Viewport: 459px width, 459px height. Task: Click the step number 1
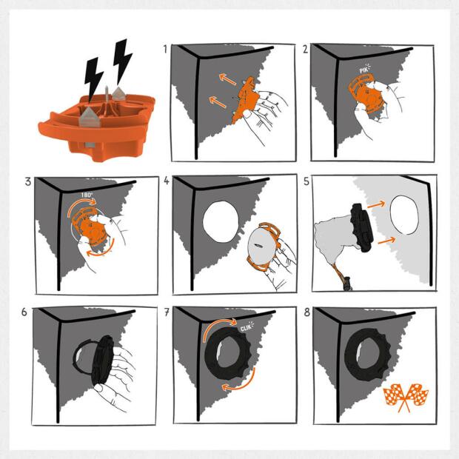pyautogui.click(x=165, y=49)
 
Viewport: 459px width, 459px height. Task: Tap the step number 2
pyautogui.click(x=305, y=49)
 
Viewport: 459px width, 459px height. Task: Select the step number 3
pyautogui.click(x=28, y=181)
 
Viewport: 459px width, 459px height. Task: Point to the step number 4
pyautogui.click(x=167, y=181)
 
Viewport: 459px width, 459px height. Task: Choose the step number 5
pyautogui.click(x=306, y=181)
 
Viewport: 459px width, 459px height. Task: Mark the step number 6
pyautogui.click(x=24, y=312)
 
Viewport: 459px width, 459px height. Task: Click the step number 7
pyautogui.click(x=167, y=312)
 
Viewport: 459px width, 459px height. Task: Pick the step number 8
pyautogui.click(x=306, y=312)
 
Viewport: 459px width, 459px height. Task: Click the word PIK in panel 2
pyautogui.click(x=363, y=70)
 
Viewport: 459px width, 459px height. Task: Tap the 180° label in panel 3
pyautogui.click(x=87, y=195)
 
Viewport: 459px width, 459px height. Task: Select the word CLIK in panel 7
pyautogui.click(x=246, y=328)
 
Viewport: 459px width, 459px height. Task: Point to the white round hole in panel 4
pyautogui.click(x=221, y=222)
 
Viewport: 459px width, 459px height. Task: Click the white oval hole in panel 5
pyautogui.click(x=404, y=215)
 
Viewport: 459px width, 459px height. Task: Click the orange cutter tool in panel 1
pyautogui.click(x=245, y=100)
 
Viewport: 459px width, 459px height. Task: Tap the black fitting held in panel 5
pyautogui.click(x=363, y=228)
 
